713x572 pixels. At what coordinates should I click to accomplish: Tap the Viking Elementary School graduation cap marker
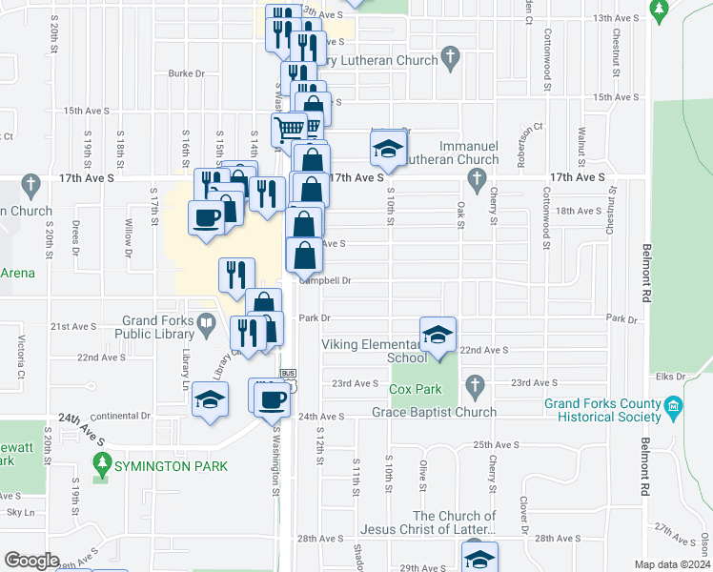pos(438,336)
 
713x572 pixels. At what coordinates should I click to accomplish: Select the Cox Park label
pos(416,389)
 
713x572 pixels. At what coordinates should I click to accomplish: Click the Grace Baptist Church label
pos(436,413)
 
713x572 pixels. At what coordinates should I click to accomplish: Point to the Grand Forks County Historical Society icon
pos(674,406)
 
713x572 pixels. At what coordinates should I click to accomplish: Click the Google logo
pos(31,561)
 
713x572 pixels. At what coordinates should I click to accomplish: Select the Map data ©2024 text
pos(673,564)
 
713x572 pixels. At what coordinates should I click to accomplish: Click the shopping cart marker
pos(289,128)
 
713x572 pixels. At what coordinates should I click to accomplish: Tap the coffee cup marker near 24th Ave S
pos(272,398)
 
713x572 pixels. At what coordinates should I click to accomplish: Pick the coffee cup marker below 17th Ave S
pos(208,217)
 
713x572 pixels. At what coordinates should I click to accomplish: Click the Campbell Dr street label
pos(327,280)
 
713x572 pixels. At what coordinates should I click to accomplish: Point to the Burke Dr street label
pos(187,72)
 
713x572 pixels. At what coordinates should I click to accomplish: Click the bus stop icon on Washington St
pos(287,373)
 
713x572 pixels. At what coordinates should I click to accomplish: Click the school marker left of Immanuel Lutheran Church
pos(388,148)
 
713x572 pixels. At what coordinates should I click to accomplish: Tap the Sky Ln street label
pos(21,512)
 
